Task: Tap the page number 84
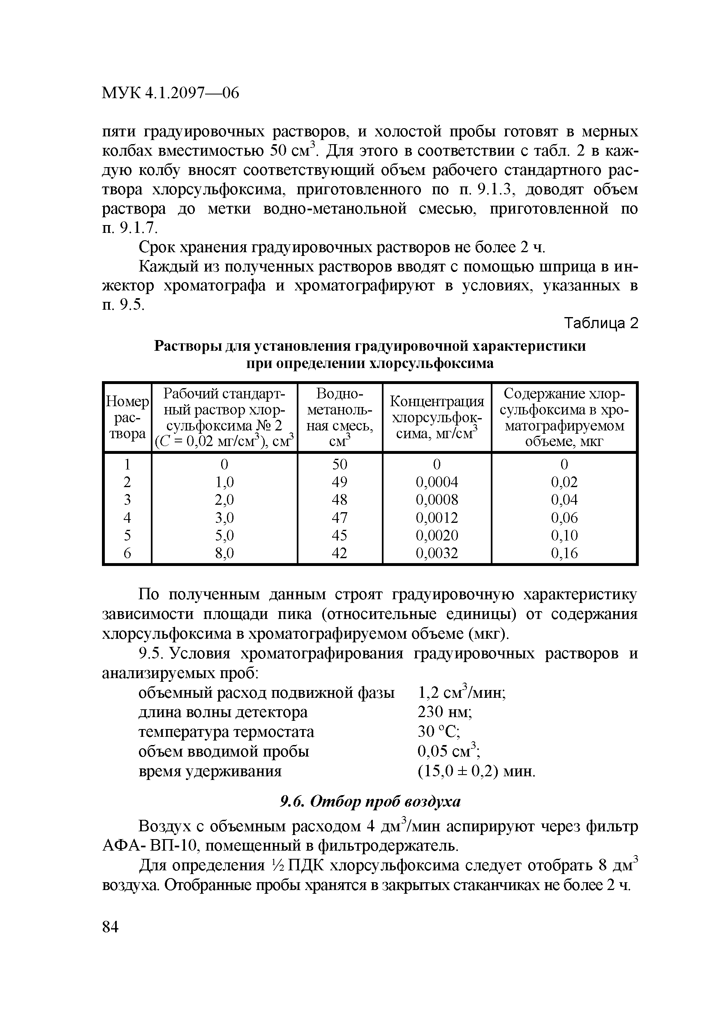[111, 927]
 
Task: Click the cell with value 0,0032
[437, 553]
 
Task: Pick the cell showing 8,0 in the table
[224, 553]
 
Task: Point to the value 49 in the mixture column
[340, 482]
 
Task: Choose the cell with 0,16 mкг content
[564, 553]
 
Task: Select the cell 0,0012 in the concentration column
[437, 518]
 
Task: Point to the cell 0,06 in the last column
[564, 518]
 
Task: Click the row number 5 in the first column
[127, 535]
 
